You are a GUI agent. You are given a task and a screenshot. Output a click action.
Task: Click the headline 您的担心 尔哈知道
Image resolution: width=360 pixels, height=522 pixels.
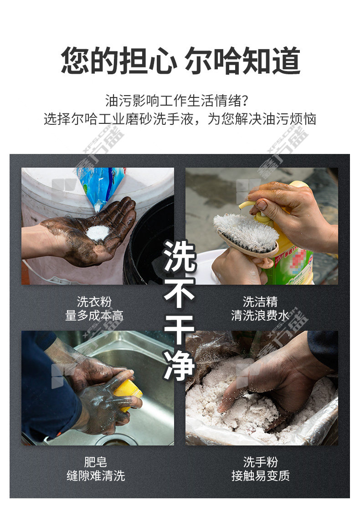[x=180, y=61]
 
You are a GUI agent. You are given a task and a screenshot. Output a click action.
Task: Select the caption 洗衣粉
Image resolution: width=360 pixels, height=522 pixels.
[x=94, y=302]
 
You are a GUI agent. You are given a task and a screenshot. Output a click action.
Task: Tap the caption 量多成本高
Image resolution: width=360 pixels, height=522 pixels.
[x=94, y=315]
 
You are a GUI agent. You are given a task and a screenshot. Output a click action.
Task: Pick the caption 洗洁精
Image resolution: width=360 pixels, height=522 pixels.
[x=260, y=302]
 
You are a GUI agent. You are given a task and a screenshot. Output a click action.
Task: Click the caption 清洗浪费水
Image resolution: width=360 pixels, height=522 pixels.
[x=260, y=315]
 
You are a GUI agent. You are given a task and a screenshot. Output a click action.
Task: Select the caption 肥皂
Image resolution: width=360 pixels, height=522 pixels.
[x=96, y=462]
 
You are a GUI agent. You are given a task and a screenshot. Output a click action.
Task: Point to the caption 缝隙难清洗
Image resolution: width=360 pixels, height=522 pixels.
[x=96, y=476]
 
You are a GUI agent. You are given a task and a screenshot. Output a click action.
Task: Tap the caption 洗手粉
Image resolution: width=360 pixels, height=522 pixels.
[x=260, y=462]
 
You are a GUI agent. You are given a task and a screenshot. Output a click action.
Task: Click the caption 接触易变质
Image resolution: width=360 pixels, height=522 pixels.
[x=260, y=476]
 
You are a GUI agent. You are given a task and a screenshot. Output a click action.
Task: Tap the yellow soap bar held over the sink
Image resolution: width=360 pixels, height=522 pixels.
[x=128, y=392]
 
